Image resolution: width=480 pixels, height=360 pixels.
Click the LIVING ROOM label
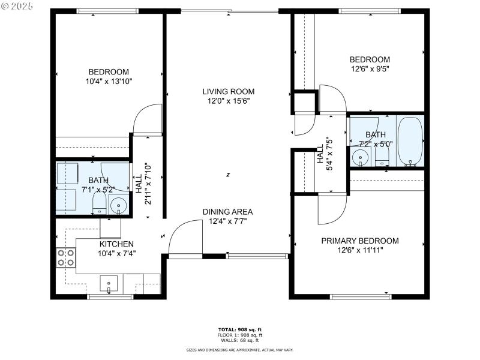(228, 92)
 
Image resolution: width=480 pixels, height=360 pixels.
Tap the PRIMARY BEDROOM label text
(359, 241)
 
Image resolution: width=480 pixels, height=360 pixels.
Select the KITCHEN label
(116, 244)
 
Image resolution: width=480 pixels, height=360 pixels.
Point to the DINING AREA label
(227, 211)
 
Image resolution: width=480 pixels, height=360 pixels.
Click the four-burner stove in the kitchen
(65, 257)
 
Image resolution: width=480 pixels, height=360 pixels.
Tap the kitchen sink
(109, 283)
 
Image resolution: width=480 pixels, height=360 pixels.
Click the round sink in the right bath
(360, 158)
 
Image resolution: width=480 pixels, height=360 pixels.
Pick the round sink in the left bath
(118, 206)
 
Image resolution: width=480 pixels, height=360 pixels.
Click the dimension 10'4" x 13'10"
(109, 81)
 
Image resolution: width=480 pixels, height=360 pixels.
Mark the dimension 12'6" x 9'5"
(370, 69)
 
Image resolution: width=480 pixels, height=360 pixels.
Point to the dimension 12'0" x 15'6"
(228, 101)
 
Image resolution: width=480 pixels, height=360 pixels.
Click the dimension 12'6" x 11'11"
(359, 250)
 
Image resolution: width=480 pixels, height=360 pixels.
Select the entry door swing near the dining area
(185, 237)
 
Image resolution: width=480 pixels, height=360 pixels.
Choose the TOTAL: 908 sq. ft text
(239, 329)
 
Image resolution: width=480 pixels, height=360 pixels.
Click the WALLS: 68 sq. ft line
(239, 340)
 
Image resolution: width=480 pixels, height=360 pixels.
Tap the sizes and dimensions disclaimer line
(239, 349)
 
